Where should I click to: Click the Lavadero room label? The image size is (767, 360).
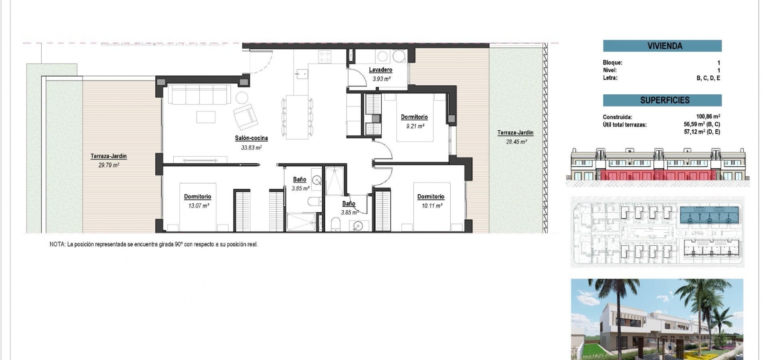pyautogui.click(x=380, y=70)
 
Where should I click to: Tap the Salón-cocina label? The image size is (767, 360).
pyautogui.click(x=251, y=138)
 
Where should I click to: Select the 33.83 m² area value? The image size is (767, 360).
pyautogui.click(x=251, y=148)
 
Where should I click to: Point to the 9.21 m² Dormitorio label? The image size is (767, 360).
pyautogui.click(x=414, y=117)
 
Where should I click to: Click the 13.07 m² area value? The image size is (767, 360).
pyautogui.click(x=198, y=206)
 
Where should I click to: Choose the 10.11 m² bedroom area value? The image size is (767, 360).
pyautogui.click(x=432, y=206)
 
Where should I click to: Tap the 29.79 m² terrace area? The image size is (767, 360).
pyautogui.click(x=109, y=165)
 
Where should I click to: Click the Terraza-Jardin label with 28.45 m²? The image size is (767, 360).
pyautogui.click(x=515, y=133)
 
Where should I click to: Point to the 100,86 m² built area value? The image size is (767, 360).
pyautogui.click(x=708, y=117)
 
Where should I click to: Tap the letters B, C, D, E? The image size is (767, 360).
pyautogui.click(x=708, y=78)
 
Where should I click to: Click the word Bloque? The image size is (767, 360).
pyautogui.click(x=612, y=63)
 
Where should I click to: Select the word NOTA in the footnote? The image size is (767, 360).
pyautogui.click(x=57, y=244)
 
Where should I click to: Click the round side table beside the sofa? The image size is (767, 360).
pyautogui.click(x=242, y=98)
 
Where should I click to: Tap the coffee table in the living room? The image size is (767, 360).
pyautogui.click(x=206, y=117)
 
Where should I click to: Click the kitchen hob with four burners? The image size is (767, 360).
pyautogui.click(x=325, y=56)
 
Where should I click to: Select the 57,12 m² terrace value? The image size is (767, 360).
pyautogui.click(x=702, y=132)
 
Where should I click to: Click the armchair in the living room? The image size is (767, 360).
pyautogui.click(x=246, y=116)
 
